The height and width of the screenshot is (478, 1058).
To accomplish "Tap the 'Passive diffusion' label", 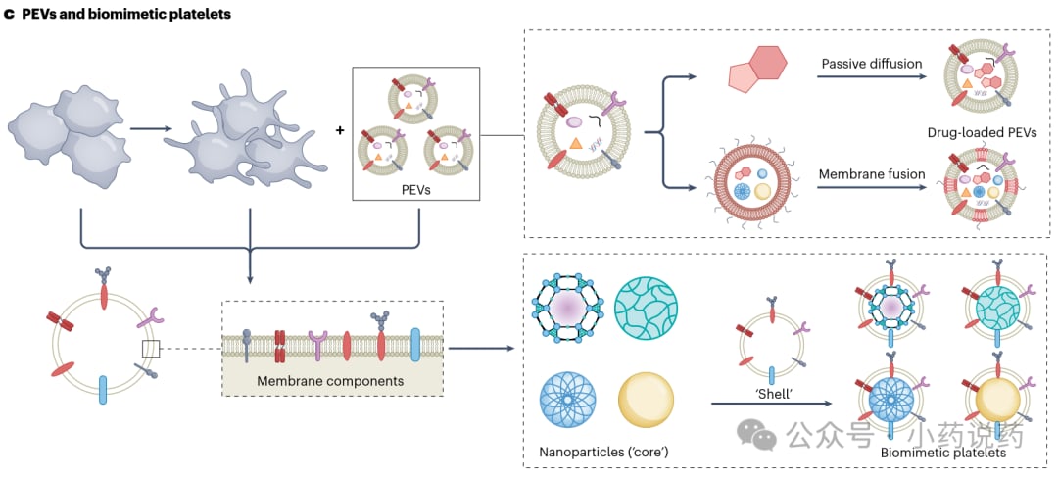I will tap(871, 64).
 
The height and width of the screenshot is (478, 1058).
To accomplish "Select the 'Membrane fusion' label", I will tap(871, 174).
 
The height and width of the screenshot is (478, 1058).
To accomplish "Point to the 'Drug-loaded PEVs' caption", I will tap(980, 132).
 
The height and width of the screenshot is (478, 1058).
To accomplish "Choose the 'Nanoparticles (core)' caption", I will tap(598, 453).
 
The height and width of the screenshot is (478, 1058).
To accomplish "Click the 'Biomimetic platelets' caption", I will tap(943, 453).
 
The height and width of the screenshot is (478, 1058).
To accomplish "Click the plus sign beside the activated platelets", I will tap(340, 128).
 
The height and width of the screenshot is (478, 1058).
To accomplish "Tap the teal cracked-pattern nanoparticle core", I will tap(647, 309).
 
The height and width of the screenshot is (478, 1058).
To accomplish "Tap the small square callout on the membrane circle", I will tap(151, 349).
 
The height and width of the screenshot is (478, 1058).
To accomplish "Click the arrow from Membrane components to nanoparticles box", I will tap(483, 348).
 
